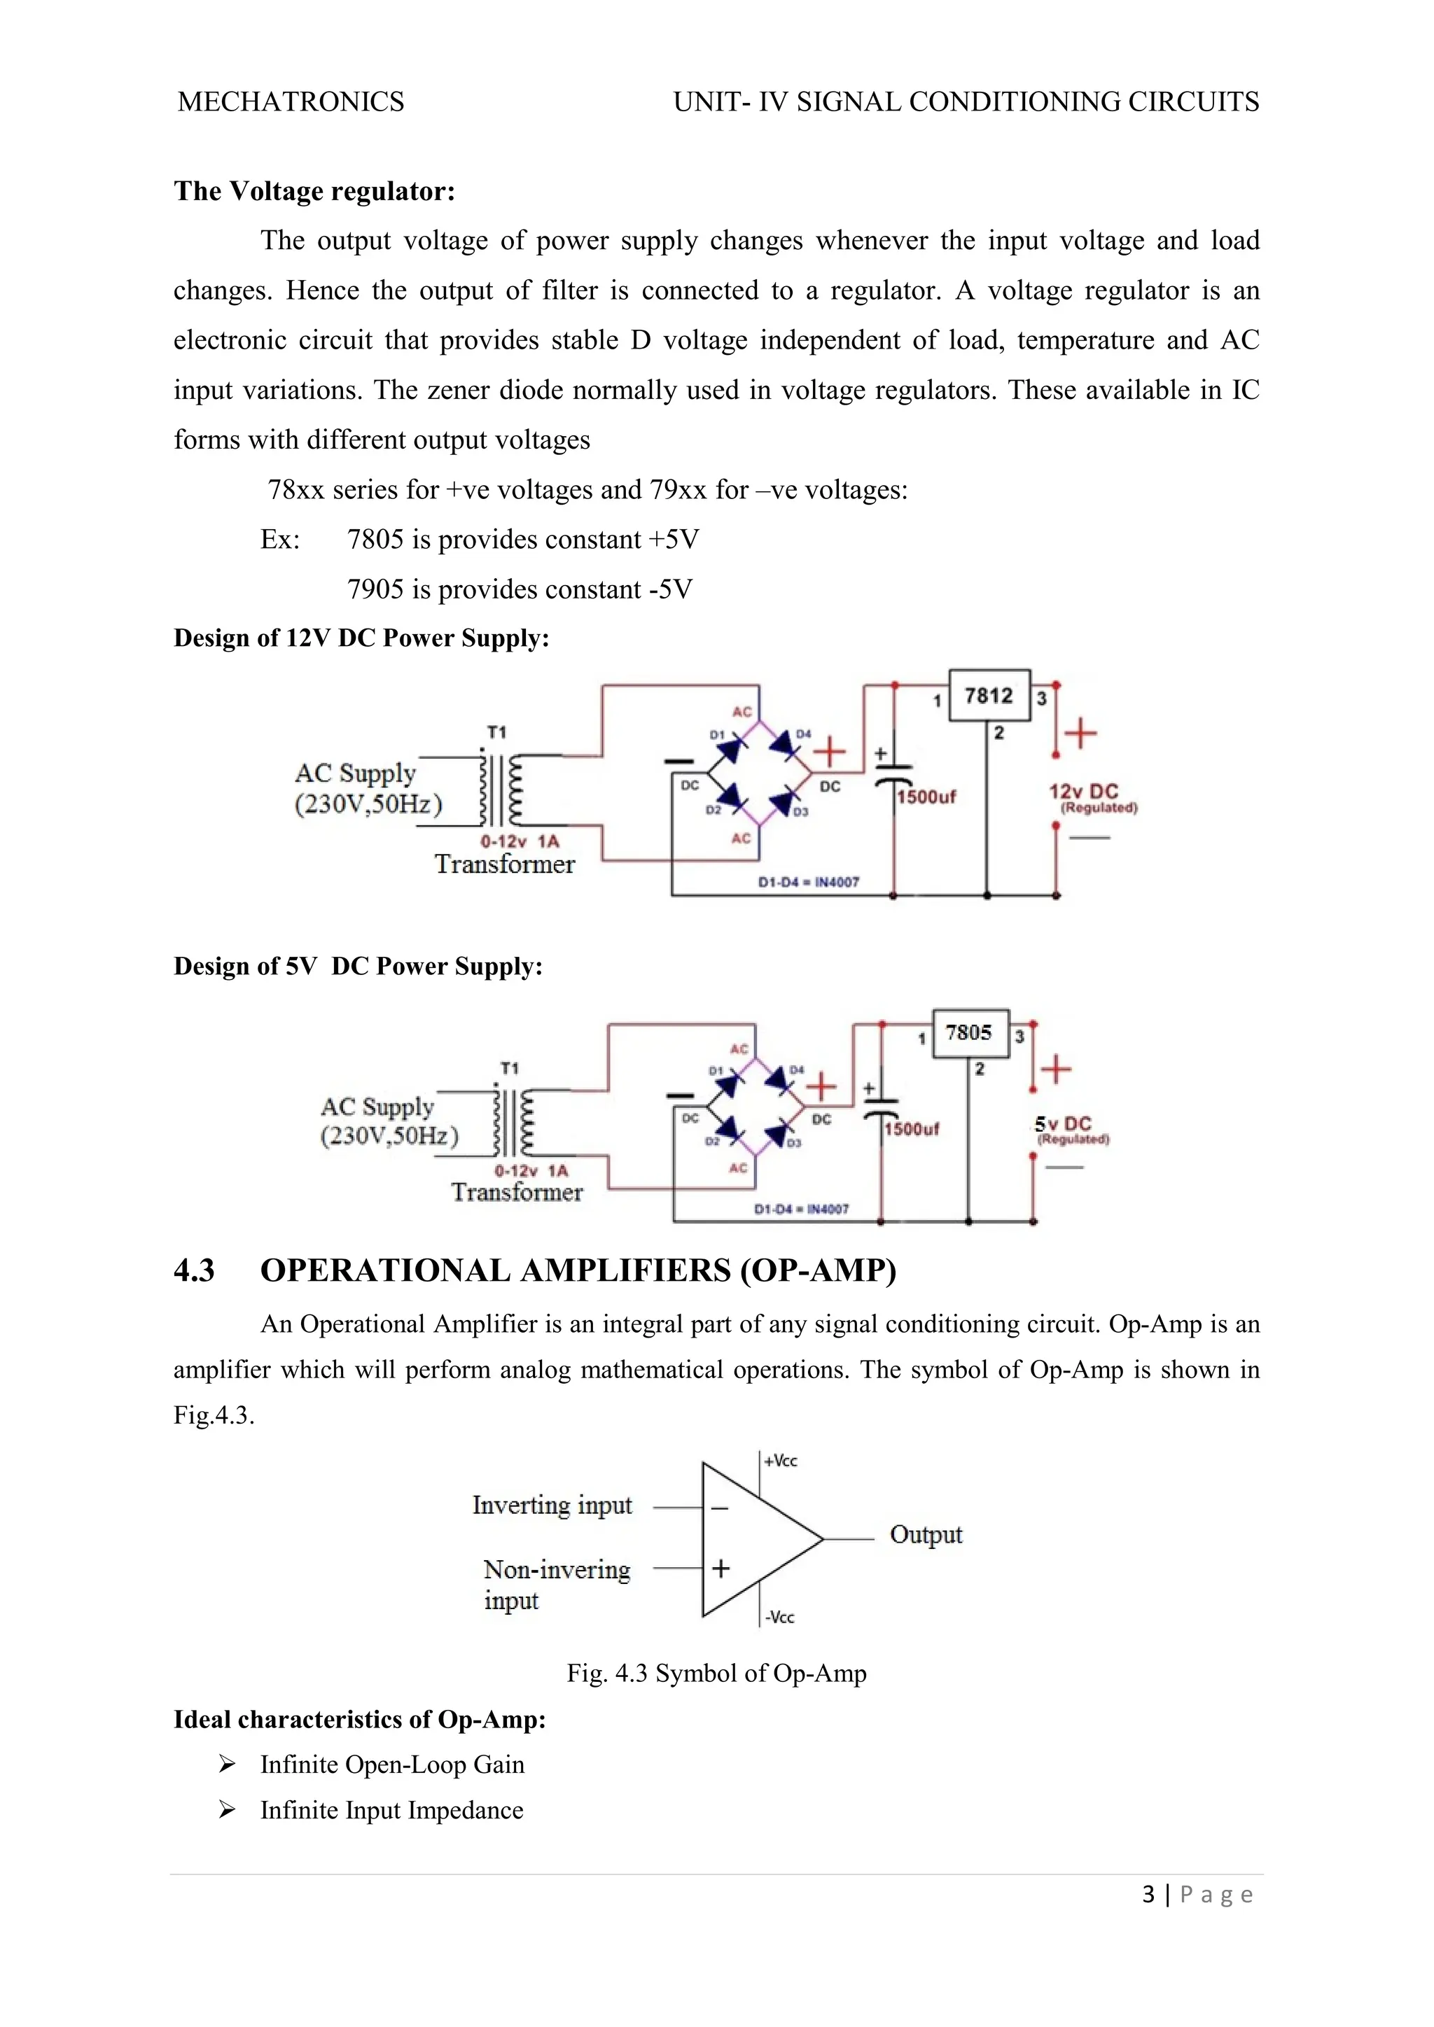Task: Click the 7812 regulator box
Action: (x=989, y=696)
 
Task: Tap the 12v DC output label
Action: (x=1083, y=791)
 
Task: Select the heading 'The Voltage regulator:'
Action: (x=314, y=190)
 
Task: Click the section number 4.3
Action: (x=194, y=1270)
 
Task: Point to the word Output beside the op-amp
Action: (x=926, y=1534)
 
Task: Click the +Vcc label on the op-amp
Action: (x=781, y=1461)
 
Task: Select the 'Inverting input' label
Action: (x=552, y=1506)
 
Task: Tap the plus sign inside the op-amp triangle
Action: (x=721, y=1568)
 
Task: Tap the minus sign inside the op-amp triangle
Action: (x=720, y=1509)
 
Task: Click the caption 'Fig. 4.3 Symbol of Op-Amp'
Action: (x=716, y=1673)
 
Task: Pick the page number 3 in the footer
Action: (x=1148, y=1895)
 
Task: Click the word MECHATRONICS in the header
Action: (x=291, y=101)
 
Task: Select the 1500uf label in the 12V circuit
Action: (x=926, y=797)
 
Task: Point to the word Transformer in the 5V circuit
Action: (x=517, y=1192)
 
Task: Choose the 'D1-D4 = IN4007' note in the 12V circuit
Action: (x=808, y=882)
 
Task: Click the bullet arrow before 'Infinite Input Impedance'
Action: (x=227, y=1811)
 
